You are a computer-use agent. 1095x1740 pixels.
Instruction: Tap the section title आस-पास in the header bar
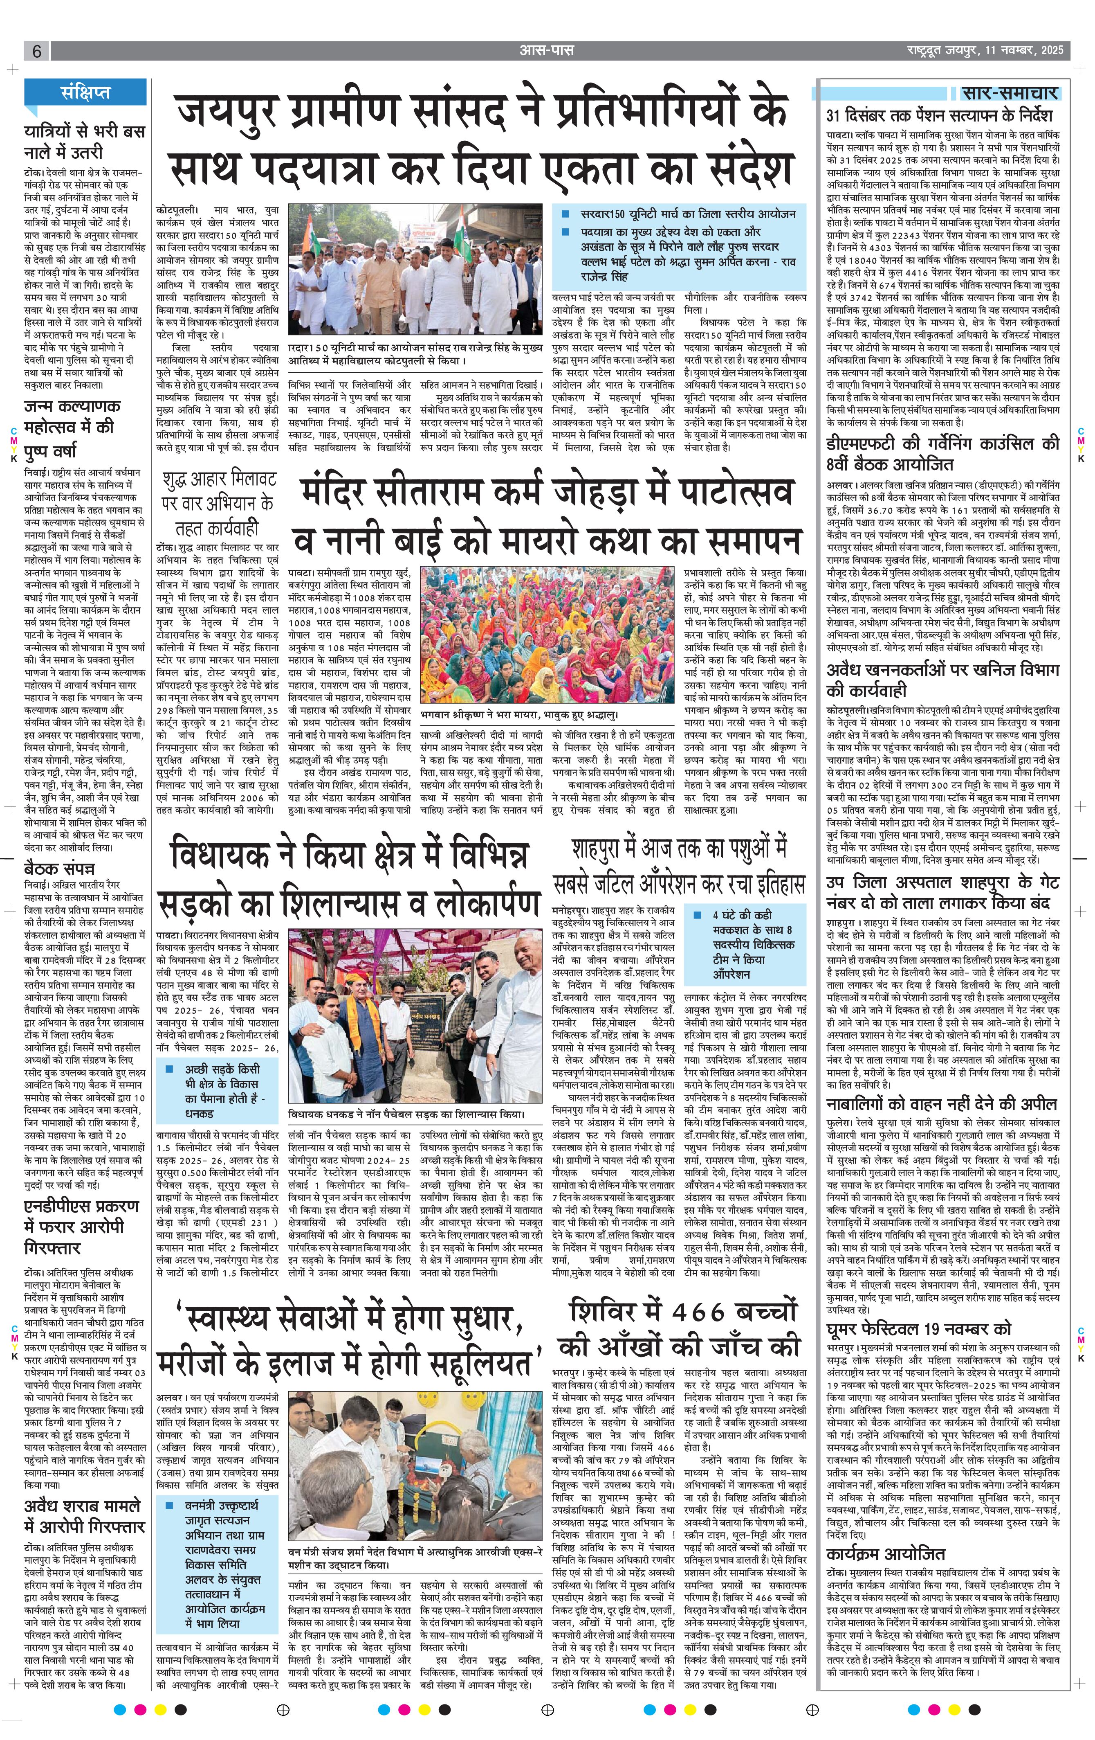click(547, 51)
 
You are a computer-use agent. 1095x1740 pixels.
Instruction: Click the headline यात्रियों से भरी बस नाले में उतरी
click(85, 142)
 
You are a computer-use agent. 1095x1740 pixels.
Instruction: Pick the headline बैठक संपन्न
click(59, 868)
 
